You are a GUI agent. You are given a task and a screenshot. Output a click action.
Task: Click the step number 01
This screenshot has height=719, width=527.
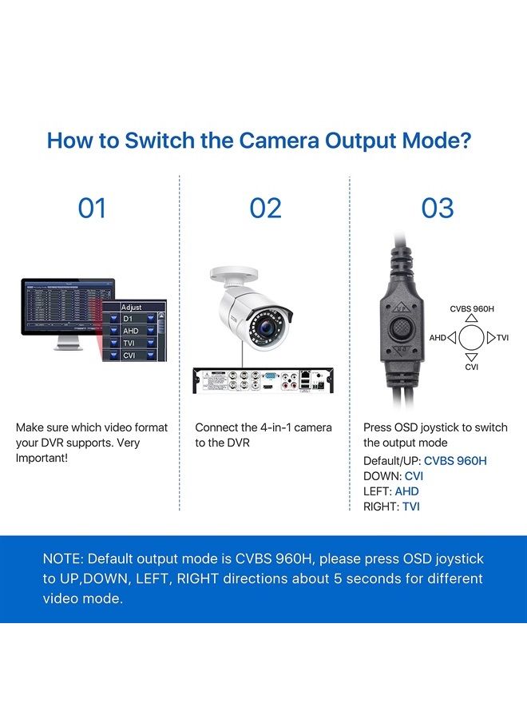(x=92, y=209)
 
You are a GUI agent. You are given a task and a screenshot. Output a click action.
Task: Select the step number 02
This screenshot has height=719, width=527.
(x=265, y=209)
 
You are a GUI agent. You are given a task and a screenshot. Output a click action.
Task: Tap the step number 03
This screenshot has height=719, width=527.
(x=438, y=209)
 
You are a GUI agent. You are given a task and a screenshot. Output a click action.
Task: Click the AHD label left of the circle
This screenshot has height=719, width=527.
(x=438, y=338)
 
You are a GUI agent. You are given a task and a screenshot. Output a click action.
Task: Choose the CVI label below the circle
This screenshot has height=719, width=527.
(x=471, y=367)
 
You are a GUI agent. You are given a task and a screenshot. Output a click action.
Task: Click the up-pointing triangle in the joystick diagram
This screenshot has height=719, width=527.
(x=471, y=318)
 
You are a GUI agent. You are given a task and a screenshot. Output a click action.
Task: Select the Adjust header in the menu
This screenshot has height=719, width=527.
(x=132, y=307)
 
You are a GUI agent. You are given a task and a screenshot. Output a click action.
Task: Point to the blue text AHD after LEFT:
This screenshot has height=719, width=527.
(x=406, y=491)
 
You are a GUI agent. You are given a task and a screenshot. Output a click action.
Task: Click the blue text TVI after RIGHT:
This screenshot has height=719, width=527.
(x=411, y=506)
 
